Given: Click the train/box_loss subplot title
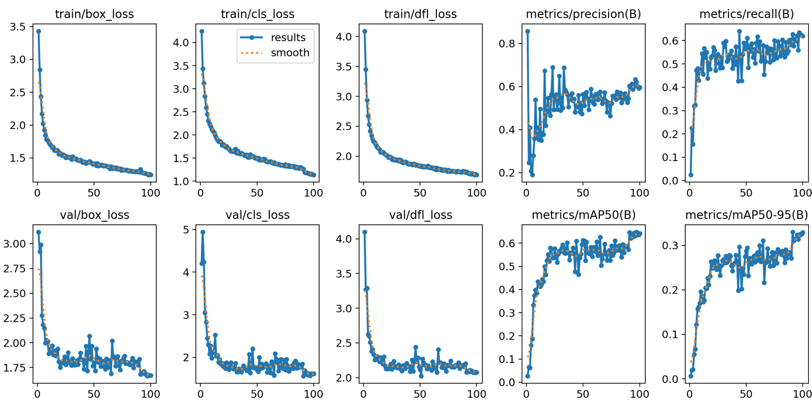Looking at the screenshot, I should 94,14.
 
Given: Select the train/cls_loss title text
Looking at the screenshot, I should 257,14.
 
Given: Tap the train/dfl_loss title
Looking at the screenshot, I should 421,14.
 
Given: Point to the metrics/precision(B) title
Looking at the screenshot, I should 583,14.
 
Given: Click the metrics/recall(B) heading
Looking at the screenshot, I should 747,14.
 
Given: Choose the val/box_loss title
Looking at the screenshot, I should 94,215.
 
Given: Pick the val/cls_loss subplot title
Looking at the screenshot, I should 257,215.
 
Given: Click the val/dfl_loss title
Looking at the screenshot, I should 421,215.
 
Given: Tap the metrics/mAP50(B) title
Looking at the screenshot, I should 583,215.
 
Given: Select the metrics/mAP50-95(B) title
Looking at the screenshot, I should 747,215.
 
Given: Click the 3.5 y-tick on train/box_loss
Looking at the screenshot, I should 18,27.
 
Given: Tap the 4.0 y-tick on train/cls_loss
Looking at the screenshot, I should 181,43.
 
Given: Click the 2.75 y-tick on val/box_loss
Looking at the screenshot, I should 15,269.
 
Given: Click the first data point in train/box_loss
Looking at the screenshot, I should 39,31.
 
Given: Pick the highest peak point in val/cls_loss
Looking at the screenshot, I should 203,232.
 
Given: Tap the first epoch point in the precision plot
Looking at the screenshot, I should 527,31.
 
